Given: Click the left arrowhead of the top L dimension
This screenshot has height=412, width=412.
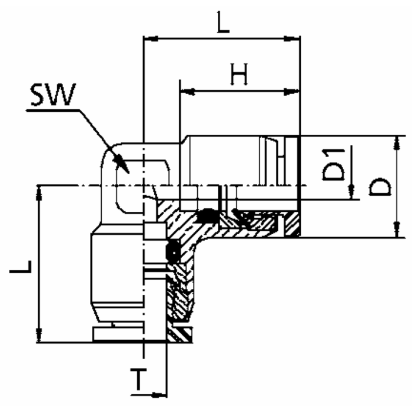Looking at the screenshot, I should pyautogui.click(x=151, y=39).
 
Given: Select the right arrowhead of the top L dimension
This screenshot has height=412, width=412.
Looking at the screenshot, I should pyautogui.click(x=294, y=39).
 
